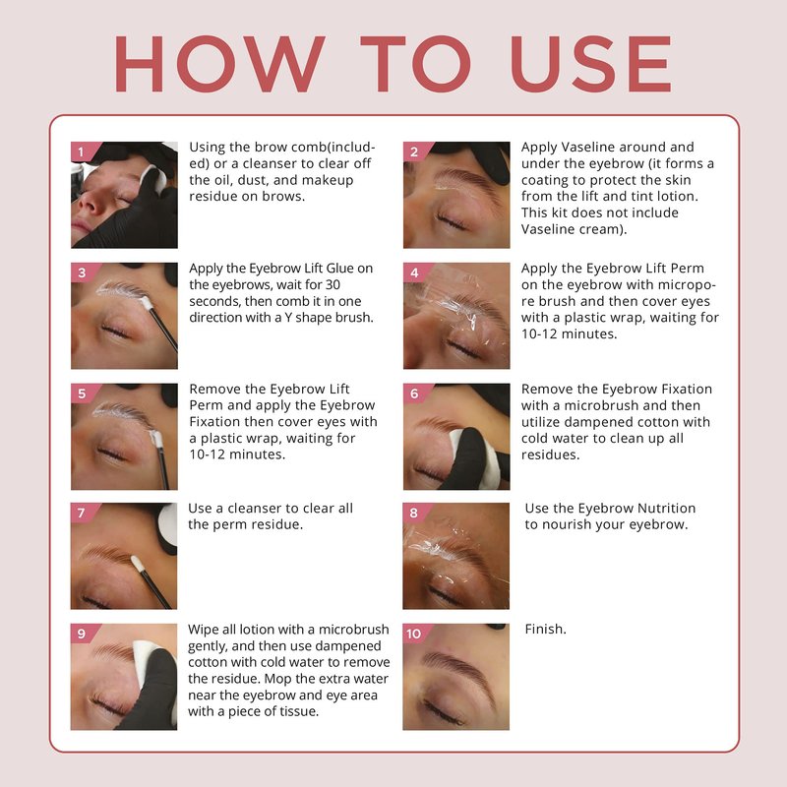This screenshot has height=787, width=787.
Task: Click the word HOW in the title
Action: pos(219,64)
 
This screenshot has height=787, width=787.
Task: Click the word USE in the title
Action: pos(591,64)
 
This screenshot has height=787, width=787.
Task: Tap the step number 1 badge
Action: pos(82,151)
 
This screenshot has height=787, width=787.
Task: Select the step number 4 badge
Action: pos(414,272)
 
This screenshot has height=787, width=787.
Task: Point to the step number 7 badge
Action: pos(82,513)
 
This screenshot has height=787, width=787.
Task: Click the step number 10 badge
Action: pos(414,634)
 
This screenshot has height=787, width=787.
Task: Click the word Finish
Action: pos(546,629)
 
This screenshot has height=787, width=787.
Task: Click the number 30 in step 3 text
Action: pos(333,284)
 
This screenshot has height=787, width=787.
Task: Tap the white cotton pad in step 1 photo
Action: pos(154,179)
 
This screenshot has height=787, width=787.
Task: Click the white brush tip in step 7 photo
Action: pos(138,563)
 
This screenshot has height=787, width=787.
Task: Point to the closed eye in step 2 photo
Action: pos(451,219)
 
